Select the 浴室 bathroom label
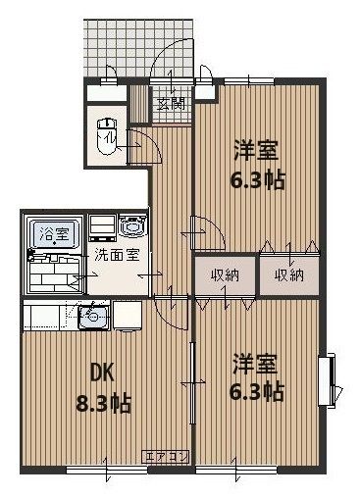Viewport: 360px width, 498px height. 54,234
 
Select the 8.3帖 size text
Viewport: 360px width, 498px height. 105,401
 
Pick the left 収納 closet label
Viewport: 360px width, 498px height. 225,274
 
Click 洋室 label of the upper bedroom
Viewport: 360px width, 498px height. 256,152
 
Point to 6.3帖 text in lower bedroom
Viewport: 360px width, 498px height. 258,392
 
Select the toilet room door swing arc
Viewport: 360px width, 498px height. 137,144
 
